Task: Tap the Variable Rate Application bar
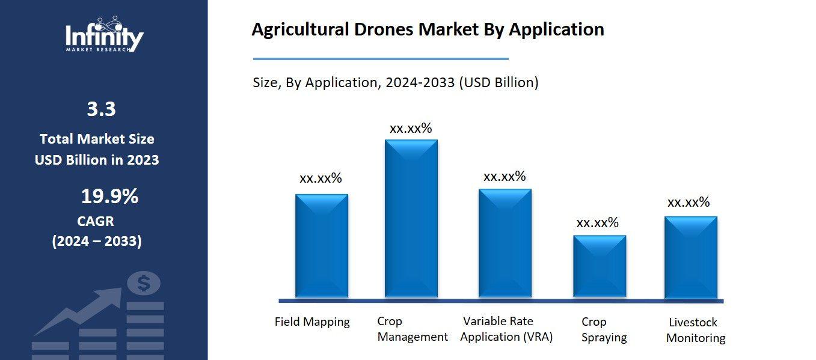pyautogui.click(x=505, y=243)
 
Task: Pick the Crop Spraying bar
pyautogui.click(x=600, y=266)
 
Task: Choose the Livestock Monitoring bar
pyautogui.click(x=691, y=257)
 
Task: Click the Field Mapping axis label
pyautogui.click(x=312, y=322)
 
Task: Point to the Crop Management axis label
pyautogui.click(x=412, y=329)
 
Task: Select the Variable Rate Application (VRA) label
pyautogui.click(x=506, y=329)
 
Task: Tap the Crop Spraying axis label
pyautogui.click(x=604, y=330)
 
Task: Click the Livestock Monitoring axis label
pyautogui.click(x=696, y=331)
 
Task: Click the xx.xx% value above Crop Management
pyautogui.click(x=411, y=129)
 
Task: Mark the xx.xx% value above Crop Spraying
pyautogui.click(x=597, y=223)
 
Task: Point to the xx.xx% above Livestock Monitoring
pyautogui.click(x=689, y=203)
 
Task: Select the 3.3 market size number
pyautogui.click(x=101, y=109)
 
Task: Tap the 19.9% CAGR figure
pyautogui.click(x=109, y=196)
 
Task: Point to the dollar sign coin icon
pyautogui.click(x=143, y=283)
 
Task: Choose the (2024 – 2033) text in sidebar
pyautogui.click(x=97, y=242)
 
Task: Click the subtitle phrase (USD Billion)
pyautogui.click(x=498, y=83)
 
